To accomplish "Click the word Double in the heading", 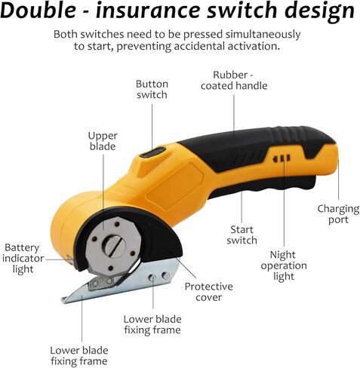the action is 38,10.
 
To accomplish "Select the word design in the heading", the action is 320,11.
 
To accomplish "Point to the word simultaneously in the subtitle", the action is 263,35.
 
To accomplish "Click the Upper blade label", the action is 103,141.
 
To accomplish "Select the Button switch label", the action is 152,89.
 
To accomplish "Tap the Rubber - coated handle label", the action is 234,81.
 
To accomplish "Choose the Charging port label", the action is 338,214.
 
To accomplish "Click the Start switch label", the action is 242,235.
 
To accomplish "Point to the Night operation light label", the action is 284,265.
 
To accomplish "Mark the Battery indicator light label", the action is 23,259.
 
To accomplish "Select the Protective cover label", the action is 209,292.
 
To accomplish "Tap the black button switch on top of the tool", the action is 152,152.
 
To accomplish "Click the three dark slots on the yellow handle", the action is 282,158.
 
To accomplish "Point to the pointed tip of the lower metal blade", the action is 63,299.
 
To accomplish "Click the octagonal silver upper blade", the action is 112,247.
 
